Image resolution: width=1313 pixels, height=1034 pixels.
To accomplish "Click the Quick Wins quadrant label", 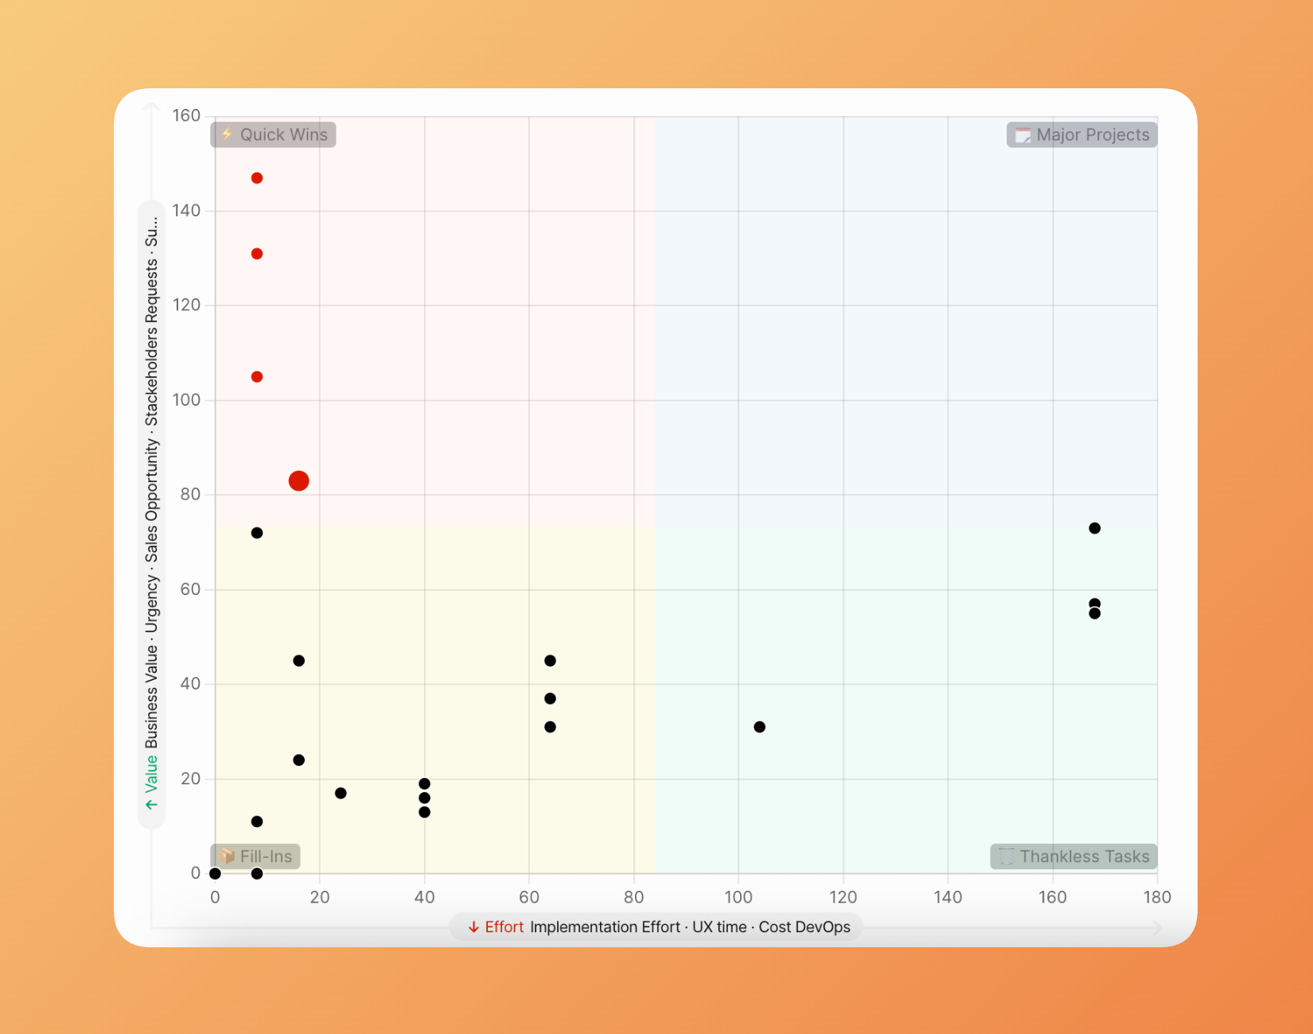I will click(x=273, y=134).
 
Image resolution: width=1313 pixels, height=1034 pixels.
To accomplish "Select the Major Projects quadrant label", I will click(x=1081, y=134).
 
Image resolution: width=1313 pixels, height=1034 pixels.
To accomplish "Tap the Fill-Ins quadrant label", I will click(x=255, y=856).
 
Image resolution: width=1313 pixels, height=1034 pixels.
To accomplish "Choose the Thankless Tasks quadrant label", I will click(x=1073, y=856).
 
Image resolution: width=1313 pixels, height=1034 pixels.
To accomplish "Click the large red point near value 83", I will click(x=298, y=480).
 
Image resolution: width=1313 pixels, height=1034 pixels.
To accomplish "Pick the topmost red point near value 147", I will click(x=257, y=178).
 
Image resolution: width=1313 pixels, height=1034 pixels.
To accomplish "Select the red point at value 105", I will click(x=257, y=377).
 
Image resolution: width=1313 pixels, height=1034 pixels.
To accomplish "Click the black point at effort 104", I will click(x=759, y=727).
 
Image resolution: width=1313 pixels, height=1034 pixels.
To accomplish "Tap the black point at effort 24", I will click(x=341, y=793).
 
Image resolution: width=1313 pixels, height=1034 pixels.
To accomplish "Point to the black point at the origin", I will click(x=215, y=873).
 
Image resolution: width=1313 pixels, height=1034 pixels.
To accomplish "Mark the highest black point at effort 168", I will click(x=1094, y=528).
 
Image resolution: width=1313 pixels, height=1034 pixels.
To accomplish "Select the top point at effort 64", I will click(x=550, y=661).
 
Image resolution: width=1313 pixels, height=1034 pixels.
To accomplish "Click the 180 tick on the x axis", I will click(x=1157, y=897).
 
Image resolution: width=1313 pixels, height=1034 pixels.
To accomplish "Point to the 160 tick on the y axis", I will click(x=186, y=116).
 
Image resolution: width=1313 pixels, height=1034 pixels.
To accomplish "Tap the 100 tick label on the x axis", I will click(x=738, y=897).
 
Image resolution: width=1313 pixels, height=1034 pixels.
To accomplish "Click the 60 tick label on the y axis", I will click(x=190, y=589).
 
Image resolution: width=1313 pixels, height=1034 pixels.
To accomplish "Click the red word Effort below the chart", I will click(x=504, y=927).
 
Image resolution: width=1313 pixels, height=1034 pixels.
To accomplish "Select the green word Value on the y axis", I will click(x=151, y=774).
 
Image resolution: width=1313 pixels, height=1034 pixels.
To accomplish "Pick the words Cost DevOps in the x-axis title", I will click(x=804, y=927).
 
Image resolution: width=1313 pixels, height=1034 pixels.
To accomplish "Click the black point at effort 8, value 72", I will click(x=257, y=533).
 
